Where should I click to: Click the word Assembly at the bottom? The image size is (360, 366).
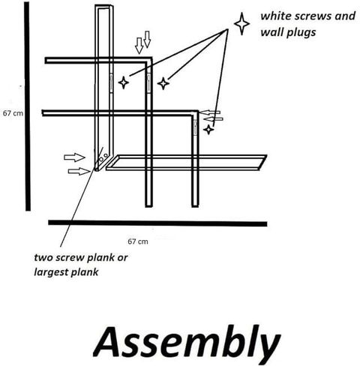187,342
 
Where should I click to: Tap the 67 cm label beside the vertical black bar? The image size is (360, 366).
13,113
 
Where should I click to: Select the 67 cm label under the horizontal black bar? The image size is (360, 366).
138,241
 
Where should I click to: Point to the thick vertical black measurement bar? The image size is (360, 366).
27,106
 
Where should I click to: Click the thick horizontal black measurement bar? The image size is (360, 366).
157,223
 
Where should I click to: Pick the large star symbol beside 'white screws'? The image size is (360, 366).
241,24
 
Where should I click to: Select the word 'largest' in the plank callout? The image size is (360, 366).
51,272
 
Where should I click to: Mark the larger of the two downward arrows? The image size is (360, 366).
139,46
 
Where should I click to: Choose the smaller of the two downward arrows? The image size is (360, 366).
147,39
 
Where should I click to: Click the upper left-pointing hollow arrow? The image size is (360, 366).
211,112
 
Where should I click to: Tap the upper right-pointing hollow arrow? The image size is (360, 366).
74,157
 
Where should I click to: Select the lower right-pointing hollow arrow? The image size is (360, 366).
79,171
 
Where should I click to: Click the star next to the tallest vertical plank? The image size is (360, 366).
124,82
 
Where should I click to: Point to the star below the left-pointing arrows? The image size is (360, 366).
208,130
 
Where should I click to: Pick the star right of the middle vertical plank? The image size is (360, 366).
163,83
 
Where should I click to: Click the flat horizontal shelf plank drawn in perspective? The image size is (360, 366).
187,163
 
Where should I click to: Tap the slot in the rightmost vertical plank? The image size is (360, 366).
195,127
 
